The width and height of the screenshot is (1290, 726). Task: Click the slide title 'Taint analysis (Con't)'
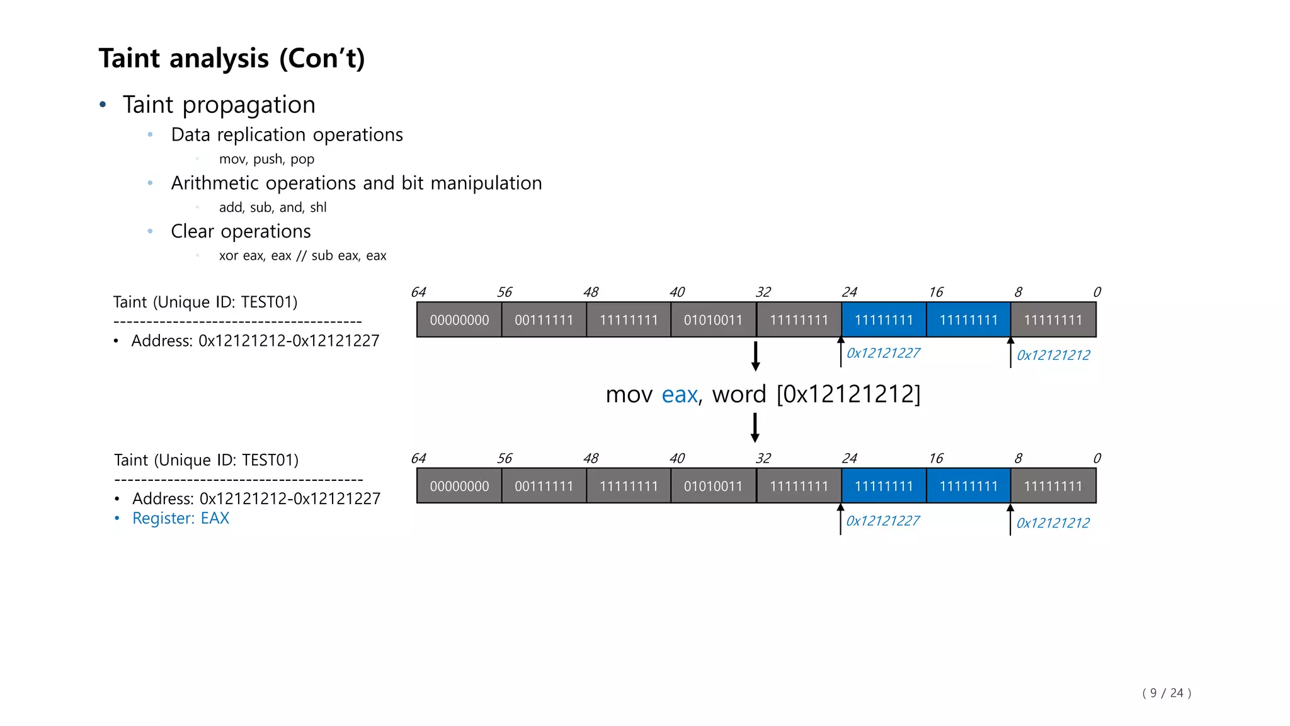click(232, 59)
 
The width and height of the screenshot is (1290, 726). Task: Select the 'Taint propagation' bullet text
click(219, 105)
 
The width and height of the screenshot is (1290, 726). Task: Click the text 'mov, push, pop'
click(266, 159)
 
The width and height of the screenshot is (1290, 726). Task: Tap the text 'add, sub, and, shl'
click(273, 207)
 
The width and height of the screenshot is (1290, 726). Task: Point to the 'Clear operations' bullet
click(241, 231)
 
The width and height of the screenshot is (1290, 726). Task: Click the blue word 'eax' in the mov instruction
click(680, 395)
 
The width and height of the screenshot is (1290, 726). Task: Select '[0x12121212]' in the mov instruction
click(848, 395)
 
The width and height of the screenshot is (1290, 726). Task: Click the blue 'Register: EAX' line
click(180, 518)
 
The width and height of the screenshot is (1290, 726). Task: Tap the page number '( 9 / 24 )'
click(1167, 693)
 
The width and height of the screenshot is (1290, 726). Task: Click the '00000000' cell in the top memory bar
click(459, 320)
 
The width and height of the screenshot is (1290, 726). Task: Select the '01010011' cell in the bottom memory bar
click(713, 487)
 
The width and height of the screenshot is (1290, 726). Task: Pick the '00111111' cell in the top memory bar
click(544, 320)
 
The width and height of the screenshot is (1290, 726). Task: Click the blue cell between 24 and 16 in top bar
click(884, 320)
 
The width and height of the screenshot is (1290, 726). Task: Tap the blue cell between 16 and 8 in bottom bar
click(968, 487)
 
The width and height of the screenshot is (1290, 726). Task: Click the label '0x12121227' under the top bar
click(883, 353)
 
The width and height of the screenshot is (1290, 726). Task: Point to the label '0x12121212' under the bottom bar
click(1053, 523)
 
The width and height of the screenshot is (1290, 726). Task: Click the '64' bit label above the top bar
click(418, 292)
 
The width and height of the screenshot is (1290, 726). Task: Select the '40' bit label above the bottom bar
click(677, 459)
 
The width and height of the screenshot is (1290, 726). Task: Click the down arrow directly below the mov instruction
click(755, 428)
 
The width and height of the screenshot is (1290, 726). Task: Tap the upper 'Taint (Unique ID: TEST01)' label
click(205, 302)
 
